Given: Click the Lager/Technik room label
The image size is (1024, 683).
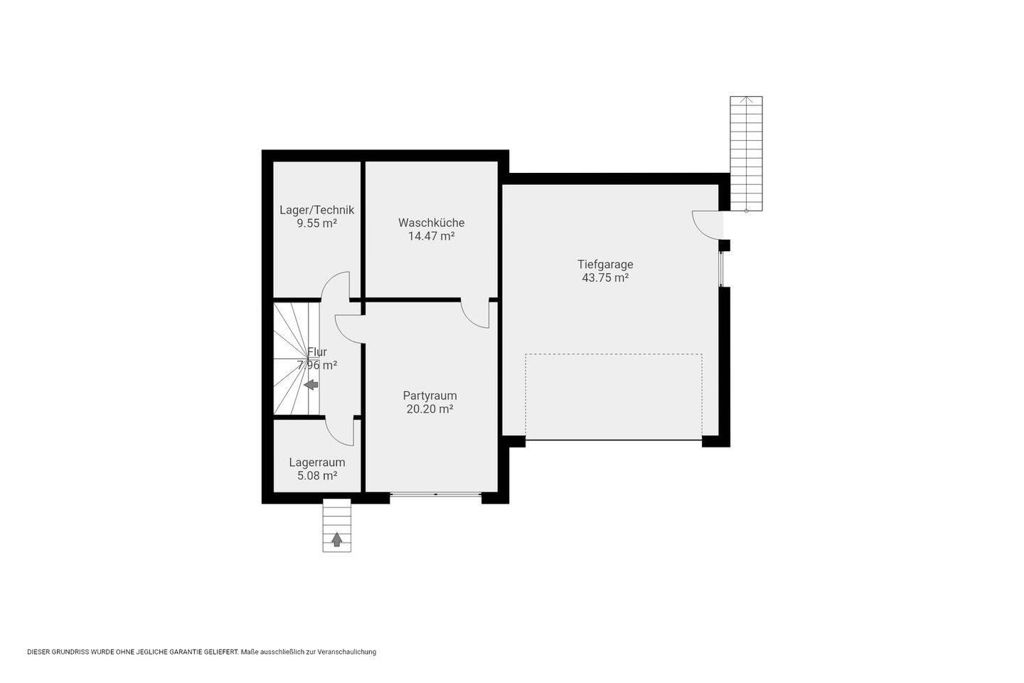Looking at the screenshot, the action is (x=317, y=210).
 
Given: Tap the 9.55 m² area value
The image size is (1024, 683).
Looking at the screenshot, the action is (x=317, y=223).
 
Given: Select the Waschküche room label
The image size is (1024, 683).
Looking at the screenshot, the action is (x=431, y=223).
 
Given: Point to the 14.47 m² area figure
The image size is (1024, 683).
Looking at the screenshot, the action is (x=431, y=236).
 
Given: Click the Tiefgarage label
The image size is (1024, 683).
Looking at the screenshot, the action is (x=605, y=265).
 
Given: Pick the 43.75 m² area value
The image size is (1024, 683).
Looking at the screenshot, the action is (x=605, y=277).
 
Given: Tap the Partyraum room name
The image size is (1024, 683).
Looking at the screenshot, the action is (x=430, y=396).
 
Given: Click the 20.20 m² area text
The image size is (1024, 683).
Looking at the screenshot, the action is (x=430, y=409).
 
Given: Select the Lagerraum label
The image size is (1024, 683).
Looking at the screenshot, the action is (x=317, y=462).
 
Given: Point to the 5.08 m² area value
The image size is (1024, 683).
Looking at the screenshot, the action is (x=317, y=476).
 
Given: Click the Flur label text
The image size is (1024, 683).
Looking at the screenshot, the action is (x=317, y=351).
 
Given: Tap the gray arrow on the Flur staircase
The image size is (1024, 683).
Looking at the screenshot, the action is (x=311, y=385).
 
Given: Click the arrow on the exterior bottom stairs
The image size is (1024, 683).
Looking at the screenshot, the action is (x=337, y=540).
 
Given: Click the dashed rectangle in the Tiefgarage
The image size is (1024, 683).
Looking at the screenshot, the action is (x=614, y=354).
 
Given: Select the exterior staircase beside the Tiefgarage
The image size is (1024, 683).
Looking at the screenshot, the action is (x=746, y=154).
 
